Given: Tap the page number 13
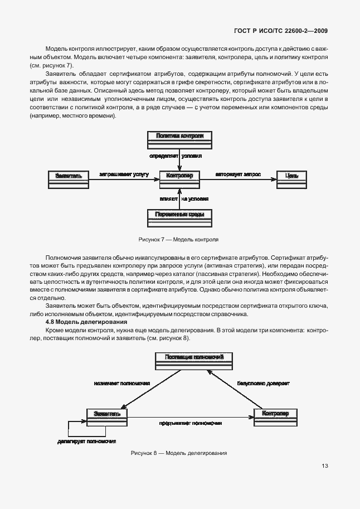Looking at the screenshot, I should coord(325,466).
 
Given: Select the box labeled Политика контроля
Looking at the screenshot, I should coord(179,139).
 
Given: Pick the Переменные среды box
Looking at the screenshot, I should coord(179,216).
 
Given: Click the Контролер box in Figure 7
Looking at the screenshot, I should coord(179,177).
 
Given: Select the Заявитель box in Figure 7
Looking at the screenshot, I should coord(69,177).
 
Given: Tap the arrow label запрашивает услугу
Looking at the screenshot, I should coord(124,174).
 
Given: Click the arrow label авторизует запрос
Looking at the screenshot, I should coord(239,174).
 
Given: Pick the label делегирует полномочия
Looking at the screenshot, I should coord(87,441).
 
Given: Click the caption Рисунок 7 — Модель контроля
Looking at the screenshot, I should coord(178,239).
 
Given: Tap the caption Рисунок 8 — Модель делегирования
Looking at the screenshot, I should coord(178,453).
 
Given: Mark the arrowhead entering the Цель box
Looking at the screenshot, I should coord(274,178).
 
